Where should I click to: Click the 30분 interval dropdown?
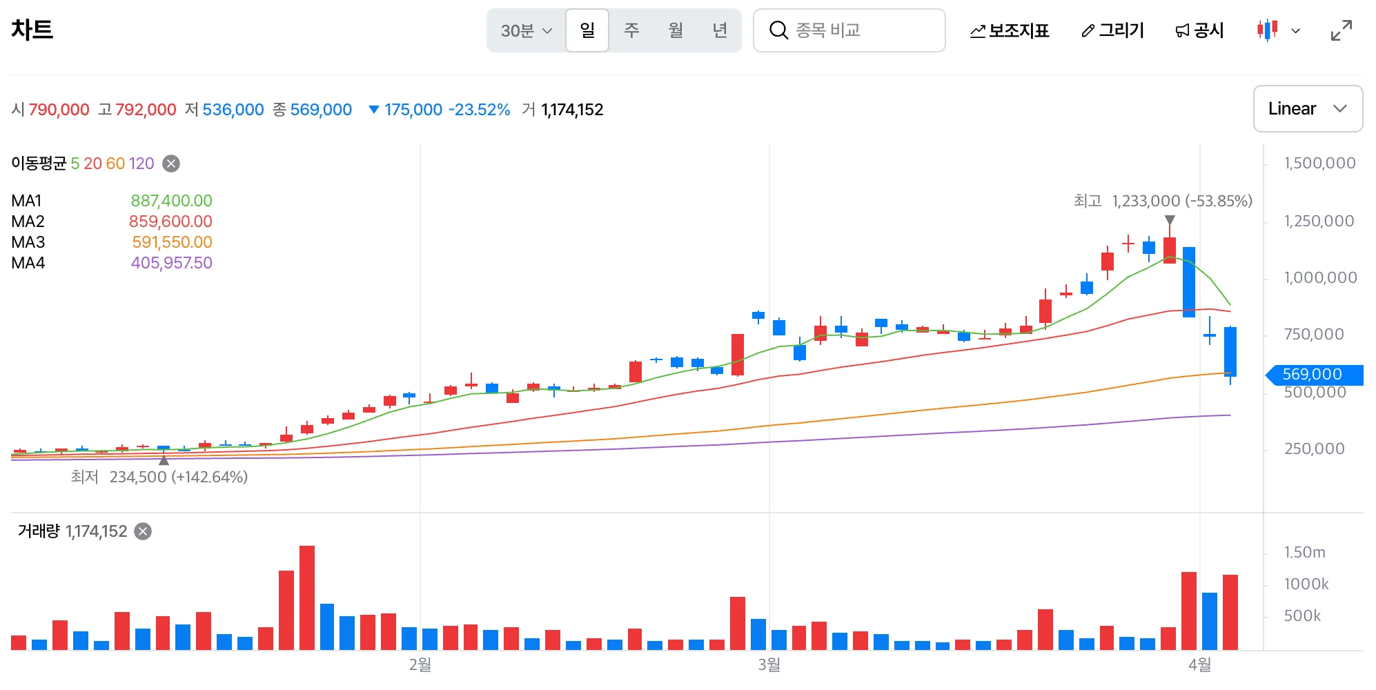[x=527, y=30]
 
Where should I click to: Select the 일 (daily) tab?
[x=587, y=30]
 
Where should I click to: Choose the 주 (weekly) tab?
[x=631, y=30]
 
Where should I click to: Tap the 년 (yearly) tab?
[x=720, y=30]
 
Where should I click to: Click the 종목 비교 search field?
[x=849, y=30]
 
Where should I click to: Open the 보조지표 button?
[x=1010, y=30]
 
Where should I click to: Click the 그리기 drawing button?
[x=1113, y=30]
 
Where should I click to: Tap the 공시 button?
[x=1200, y=30]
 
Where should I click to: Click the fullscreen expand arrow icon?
[x=1341, y=30]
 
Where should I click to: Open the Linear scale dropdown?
[x=1308, y=108]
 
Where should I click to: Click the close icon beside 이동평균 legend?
[x=171, y=164]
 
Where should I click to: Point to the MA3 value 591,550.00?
[x=172, y=242]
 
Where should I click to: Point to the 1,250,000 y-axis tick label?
[x=1319, y=221]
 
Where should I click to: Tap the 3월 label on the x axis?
[x=769, y=664]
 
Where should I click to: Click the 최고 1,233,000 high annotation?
[x=1163, y=201]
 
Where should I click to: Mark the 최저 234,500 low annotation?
[x=159, y=477]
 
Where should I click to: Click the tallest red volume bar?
[x=307, y=598]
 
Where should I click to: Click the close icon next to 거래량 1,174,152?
[x=143, y=531]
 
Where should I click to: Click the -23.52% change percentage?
[x=480, y=110]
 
